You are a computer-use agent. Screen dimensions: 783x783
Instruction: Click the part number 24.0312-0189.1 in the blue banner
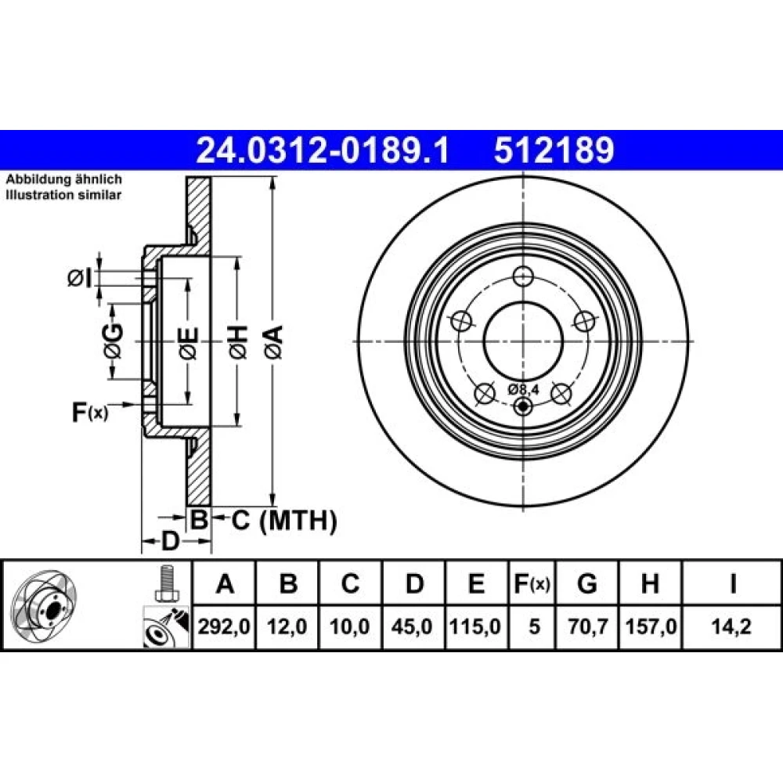pyautogui.click(x=323, y=150)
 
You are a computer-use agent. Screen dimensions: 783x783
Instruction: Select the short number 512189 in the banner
pyautogui.click(x=554, y=150)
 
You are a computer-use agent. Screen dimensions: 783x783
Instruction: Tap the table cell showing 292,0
pyautogui.click(x=224, y=626)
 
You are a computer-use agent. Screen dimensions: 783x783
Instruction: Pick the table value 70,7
pyautogui.click(x=587, y=626)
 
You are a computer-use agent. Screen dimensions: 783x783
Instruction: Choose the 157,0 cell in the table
pyautogui.click(x=651, y=626)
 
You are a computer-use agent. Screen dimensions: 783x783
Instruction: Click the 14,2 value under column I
pyautogui.click(x=731, y=626)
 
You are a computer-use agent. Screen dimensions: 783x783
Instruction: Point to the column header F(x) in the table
pyautogui.click(x=532, y=583)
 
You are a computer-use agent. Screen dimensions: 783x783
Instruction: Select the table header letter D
pyautogui.click(x=414, y=583)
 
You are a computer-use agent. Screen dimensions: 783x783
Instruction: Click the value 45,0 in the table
pyautogui.click(x=412, y=626)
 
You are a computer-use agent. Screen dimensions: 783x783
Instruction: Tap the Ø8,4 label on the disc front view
pyautogui.click(x=524, y=389)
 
